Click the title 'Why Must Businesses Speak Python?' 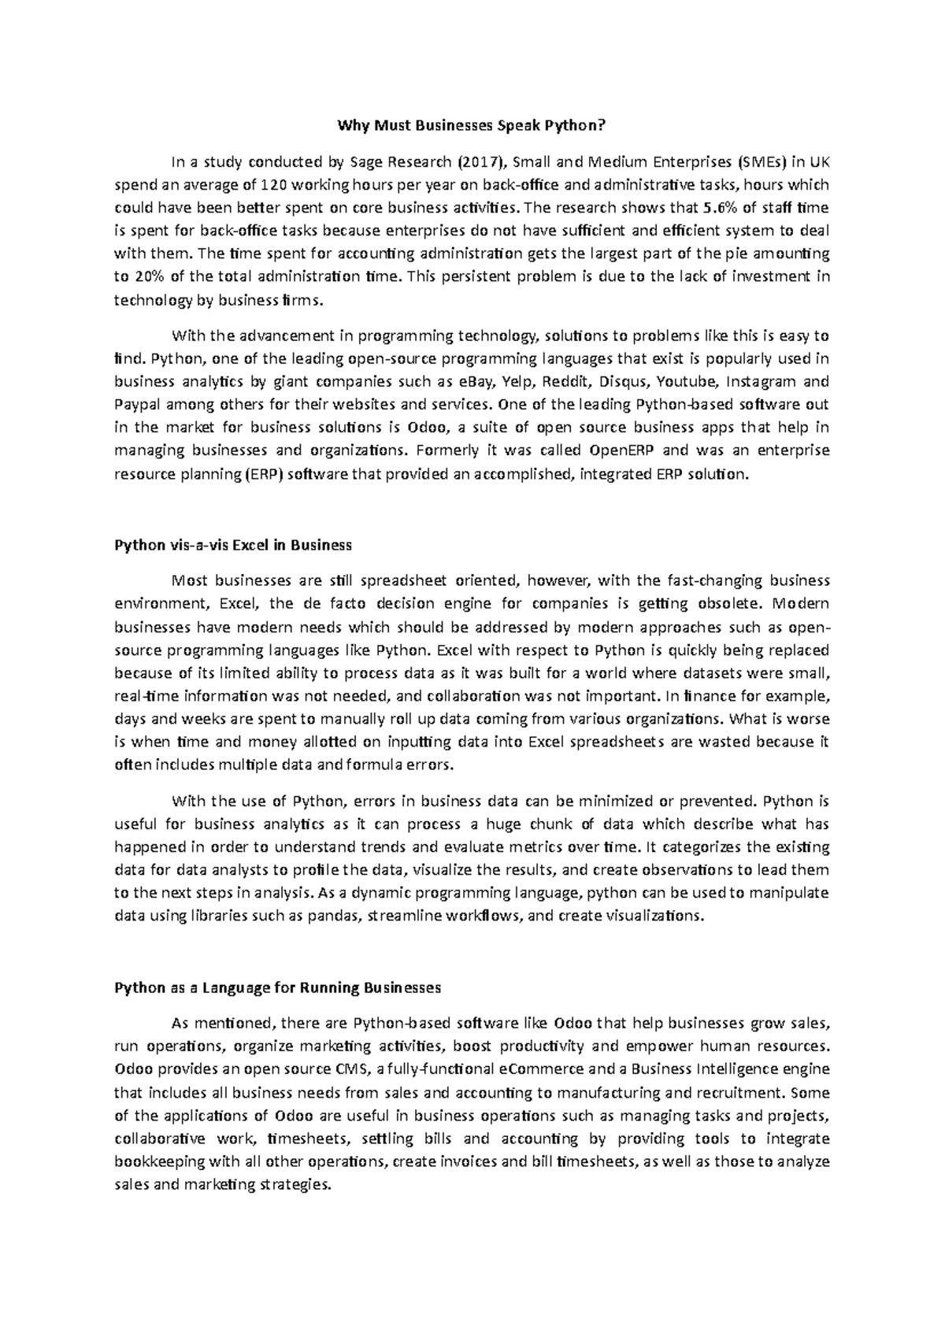point(472,125)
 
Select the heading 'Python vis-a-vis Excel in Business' point(233,545)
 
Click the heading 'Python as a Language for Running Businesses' point(277,987)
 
